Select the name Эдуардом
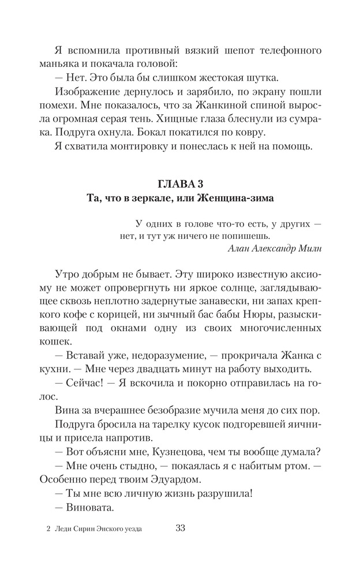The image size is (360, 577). pos(163,478)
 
